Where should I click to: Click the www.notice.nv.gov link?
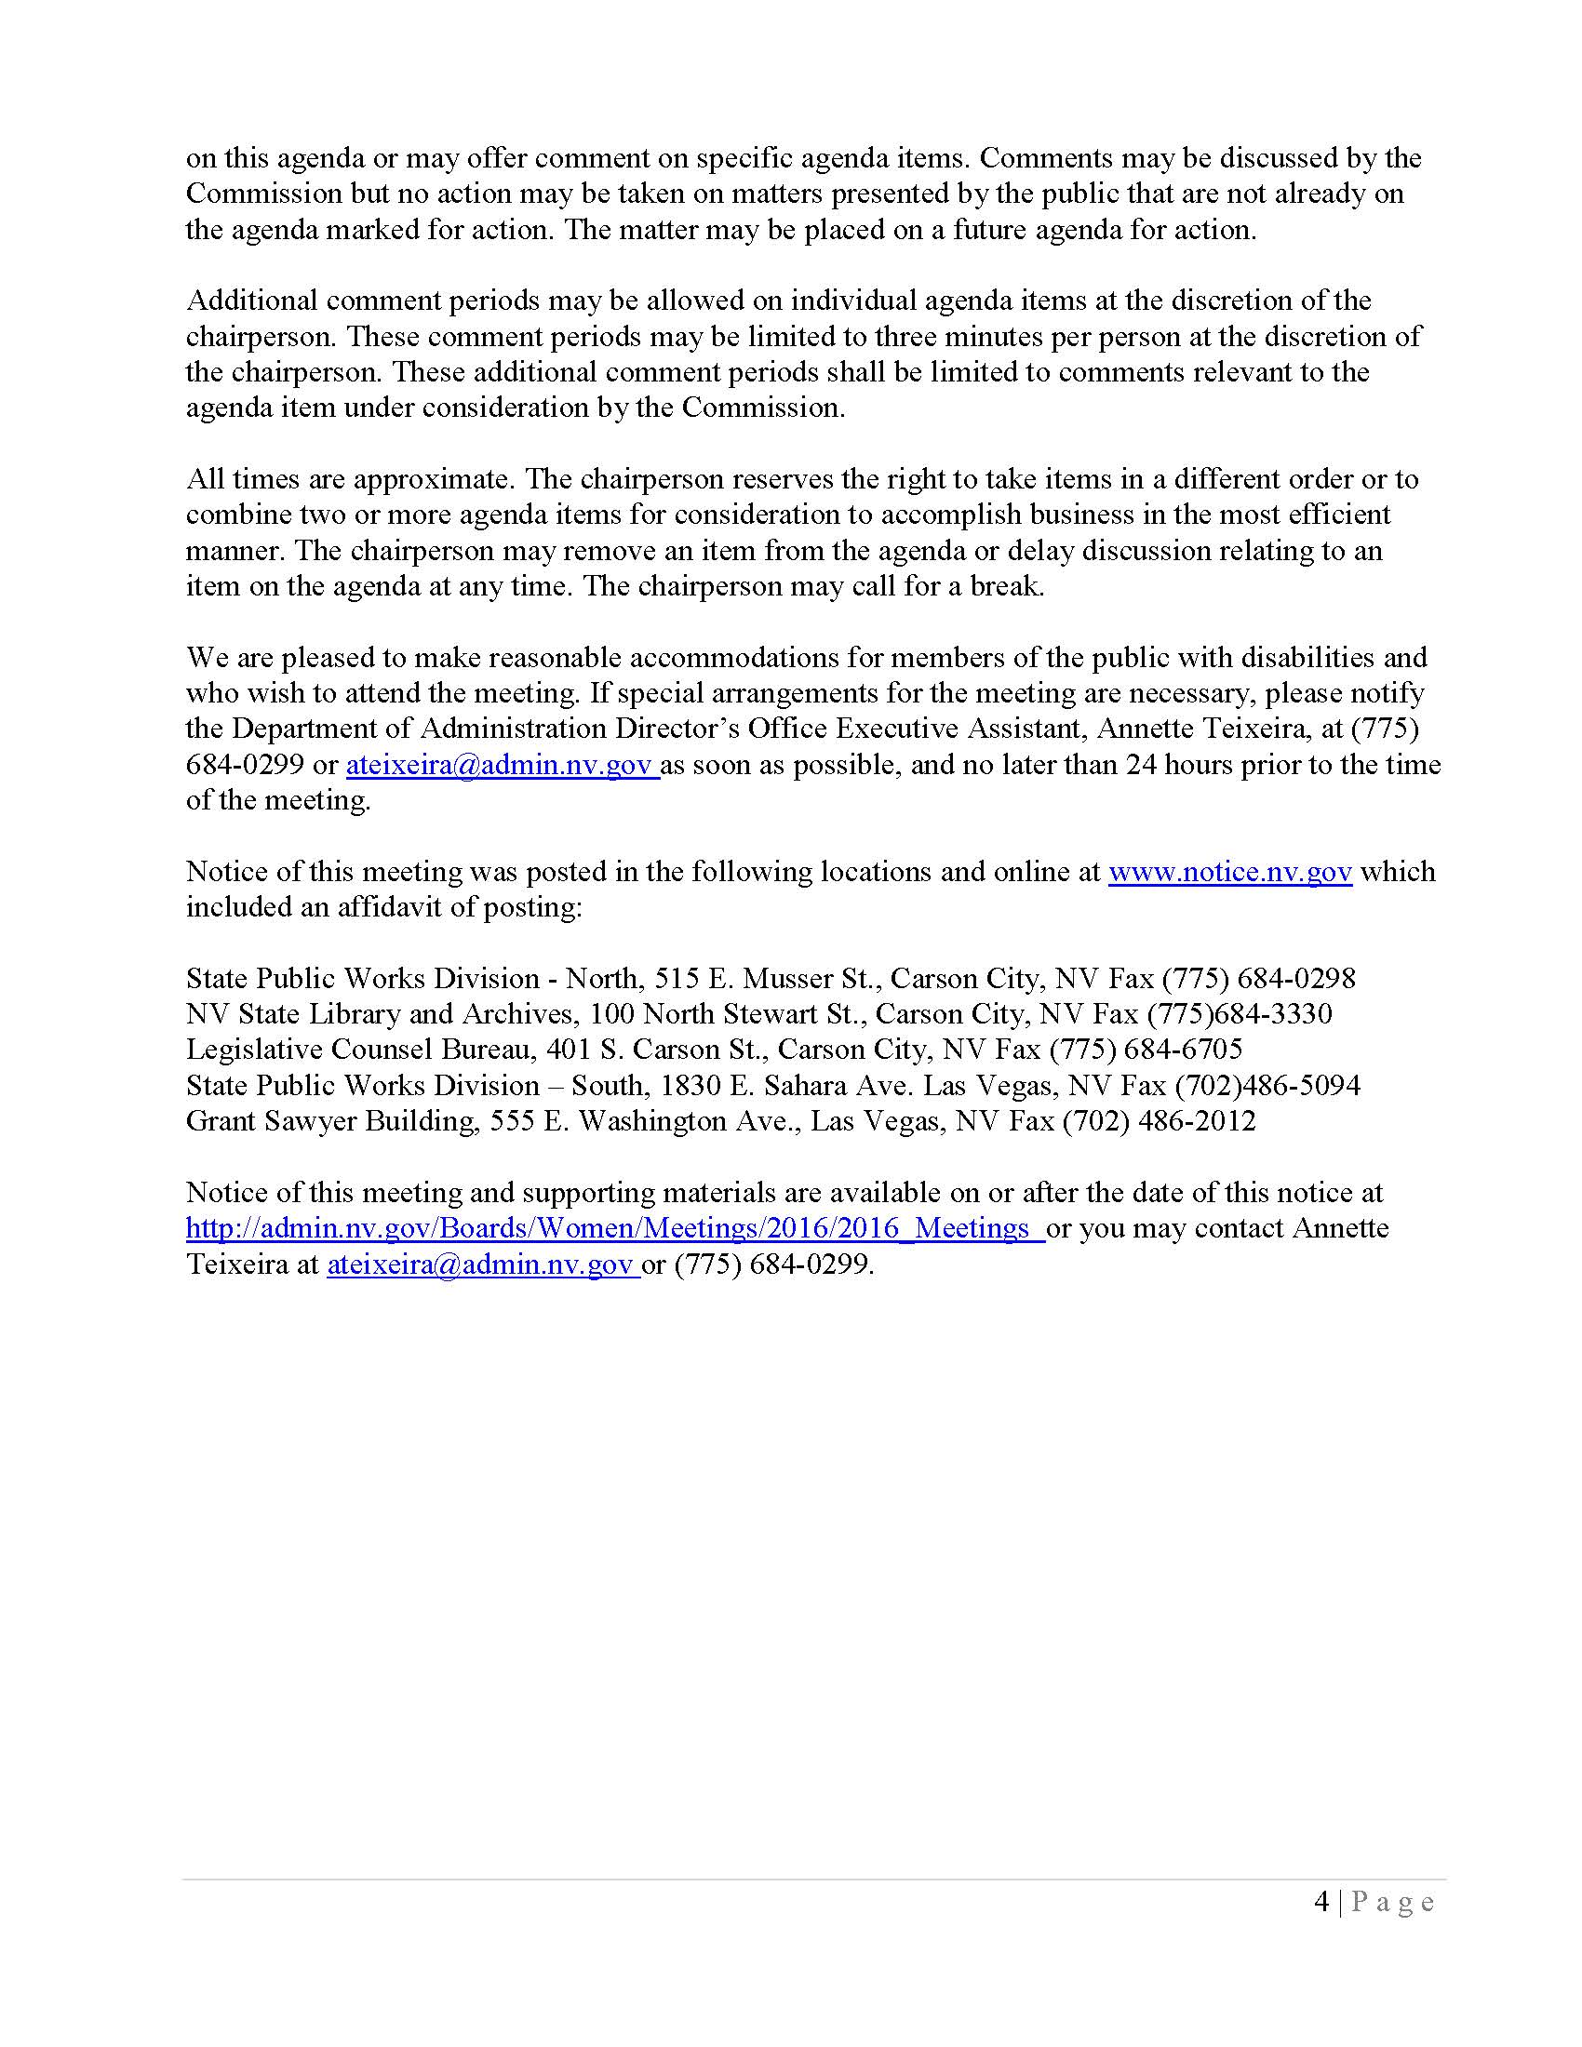coord(1229,872)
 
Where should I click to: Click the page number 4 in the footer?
coord(1321,1901)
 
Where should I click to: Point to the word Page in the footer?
coord(1393,1901)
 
